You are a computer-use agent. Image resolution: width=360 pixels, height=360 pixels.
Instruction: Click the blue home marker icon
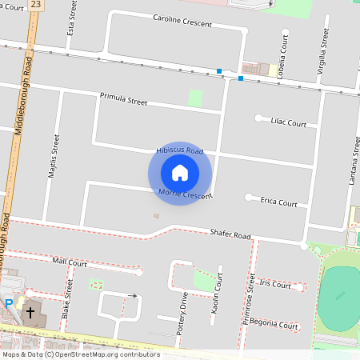point(180,173)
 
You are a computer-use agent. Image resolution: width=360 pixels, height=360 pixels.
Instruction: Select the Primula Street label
point(123,100)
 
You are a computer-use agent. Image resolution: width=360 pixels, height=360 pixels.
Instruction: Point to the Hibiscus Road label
point(179,150)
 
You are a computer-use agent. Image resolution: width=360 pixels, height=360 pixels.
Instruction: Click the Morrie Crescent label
point(185,194)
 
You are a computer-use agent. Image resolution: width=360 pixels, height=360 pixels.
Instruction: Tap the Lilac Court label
point(288,123)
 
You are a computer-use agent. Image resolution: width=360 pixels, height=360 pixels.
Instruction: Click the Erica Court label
point(278,202)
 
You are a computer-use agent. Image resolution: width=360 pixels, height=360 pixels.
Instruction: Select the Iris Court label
point(274,284)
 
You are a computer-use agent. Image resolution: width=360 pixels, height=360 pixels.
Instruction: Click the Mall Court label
point(70,262)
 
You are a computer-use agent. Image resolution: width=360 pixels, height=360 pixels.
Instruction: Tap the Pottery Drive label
point(183,313)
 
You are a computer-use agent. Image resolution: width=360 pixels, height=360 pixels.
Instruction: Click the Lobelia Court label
point(283,50)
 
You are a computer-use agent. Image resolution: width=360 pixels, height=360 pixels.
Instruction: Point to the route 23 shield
point(34,5)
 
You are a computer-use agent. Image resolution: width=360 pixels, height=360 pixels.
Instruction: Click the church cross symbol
point(31,313)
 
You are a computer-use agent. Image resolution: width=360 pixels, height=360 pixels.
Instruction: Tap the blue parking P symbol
point(9,304)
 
